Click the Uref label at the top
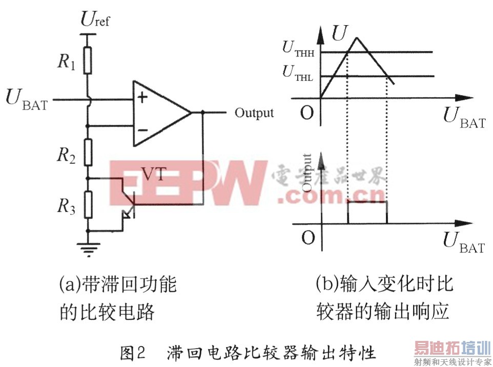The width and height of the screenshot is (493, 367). (95, 20)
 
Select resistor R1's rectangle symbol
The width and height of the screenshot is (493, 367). (88, 61)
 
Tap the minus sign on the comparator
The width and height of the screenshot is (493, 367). (142, 129)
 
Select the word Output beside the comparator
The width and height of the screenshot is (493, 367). (254, 113)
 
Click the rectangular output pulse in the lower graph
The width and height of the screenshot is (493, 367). (367, 203)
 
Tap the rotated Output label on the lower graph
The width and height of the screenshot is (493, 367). (307, 172)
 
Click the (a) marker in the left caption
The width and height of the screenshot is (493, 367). (69, 285)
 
